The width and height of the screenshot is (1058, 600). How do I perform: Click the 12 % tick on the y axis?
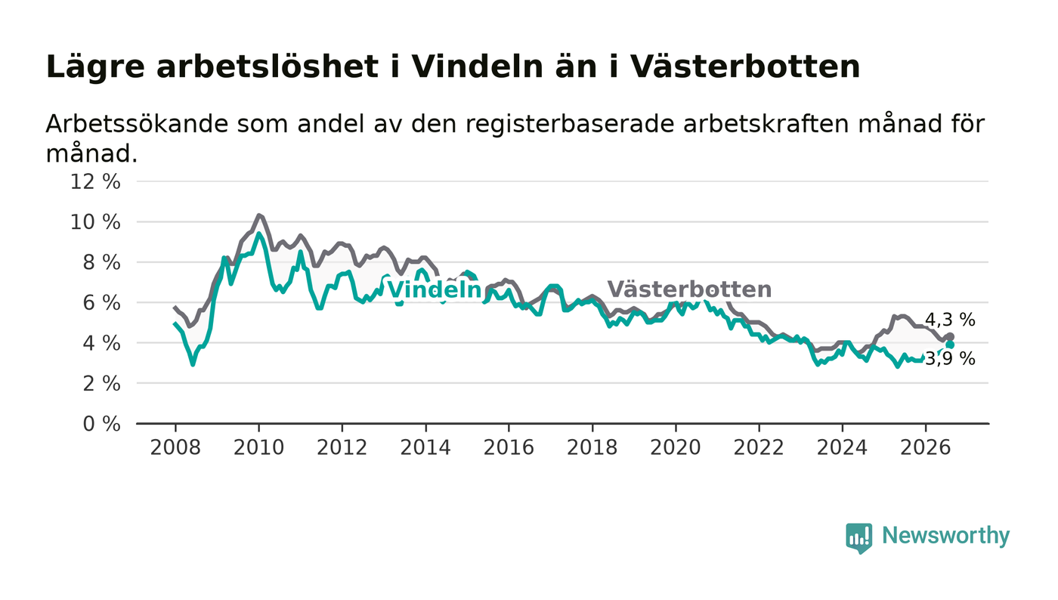(95, 181)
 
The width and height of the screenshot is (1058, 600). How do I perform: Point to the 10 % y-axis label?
(95, 222)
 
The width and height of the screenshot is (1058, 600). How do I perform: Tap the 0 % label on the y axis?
(101, 424)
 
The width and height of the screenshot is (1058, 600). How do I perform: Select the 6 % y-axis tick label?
(101, 303)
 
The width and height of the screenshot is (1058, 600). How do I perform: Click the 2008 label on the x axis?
(175, 447)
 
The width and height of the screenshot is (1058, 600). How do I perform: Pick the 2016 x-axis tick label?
(509, 447)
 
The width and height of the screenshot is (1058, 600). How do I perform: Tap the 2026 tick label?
(925, 447)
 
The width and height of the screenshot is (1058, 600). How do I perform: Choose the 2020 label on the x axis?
(676, 447)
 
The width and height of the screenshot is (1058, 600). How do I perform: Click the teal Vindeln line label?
(434, 289)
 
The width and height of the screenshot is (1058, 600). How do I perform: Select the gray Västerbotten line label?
(689, 289)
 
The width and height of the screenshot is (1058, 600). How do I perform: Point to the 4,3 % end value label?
(950, 320)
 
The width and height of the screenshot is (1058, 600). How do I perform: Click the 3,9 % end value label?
(950, 359)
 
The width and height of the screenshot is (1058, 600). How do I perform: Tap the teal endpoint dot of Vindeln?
(950, 345)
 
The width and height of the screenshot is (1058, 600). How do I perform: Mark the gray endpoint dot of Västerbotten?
(951, 337)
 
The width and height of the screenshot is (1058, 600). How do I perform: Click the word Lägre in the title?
(95, 67)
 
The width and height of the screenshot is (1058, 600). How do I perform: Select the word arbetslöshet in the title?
(268, 66)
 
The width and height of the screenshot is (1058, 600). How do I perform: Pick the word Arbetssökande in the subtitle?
(137, 124)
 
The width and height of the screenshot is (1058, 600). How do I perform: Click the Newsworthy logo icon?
(858, 538)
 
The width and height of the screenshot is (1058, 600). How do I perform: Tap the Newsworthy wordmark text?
(945, 536)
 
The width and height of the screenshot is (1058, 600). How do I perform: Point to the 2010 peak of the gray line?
(258, 215)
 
